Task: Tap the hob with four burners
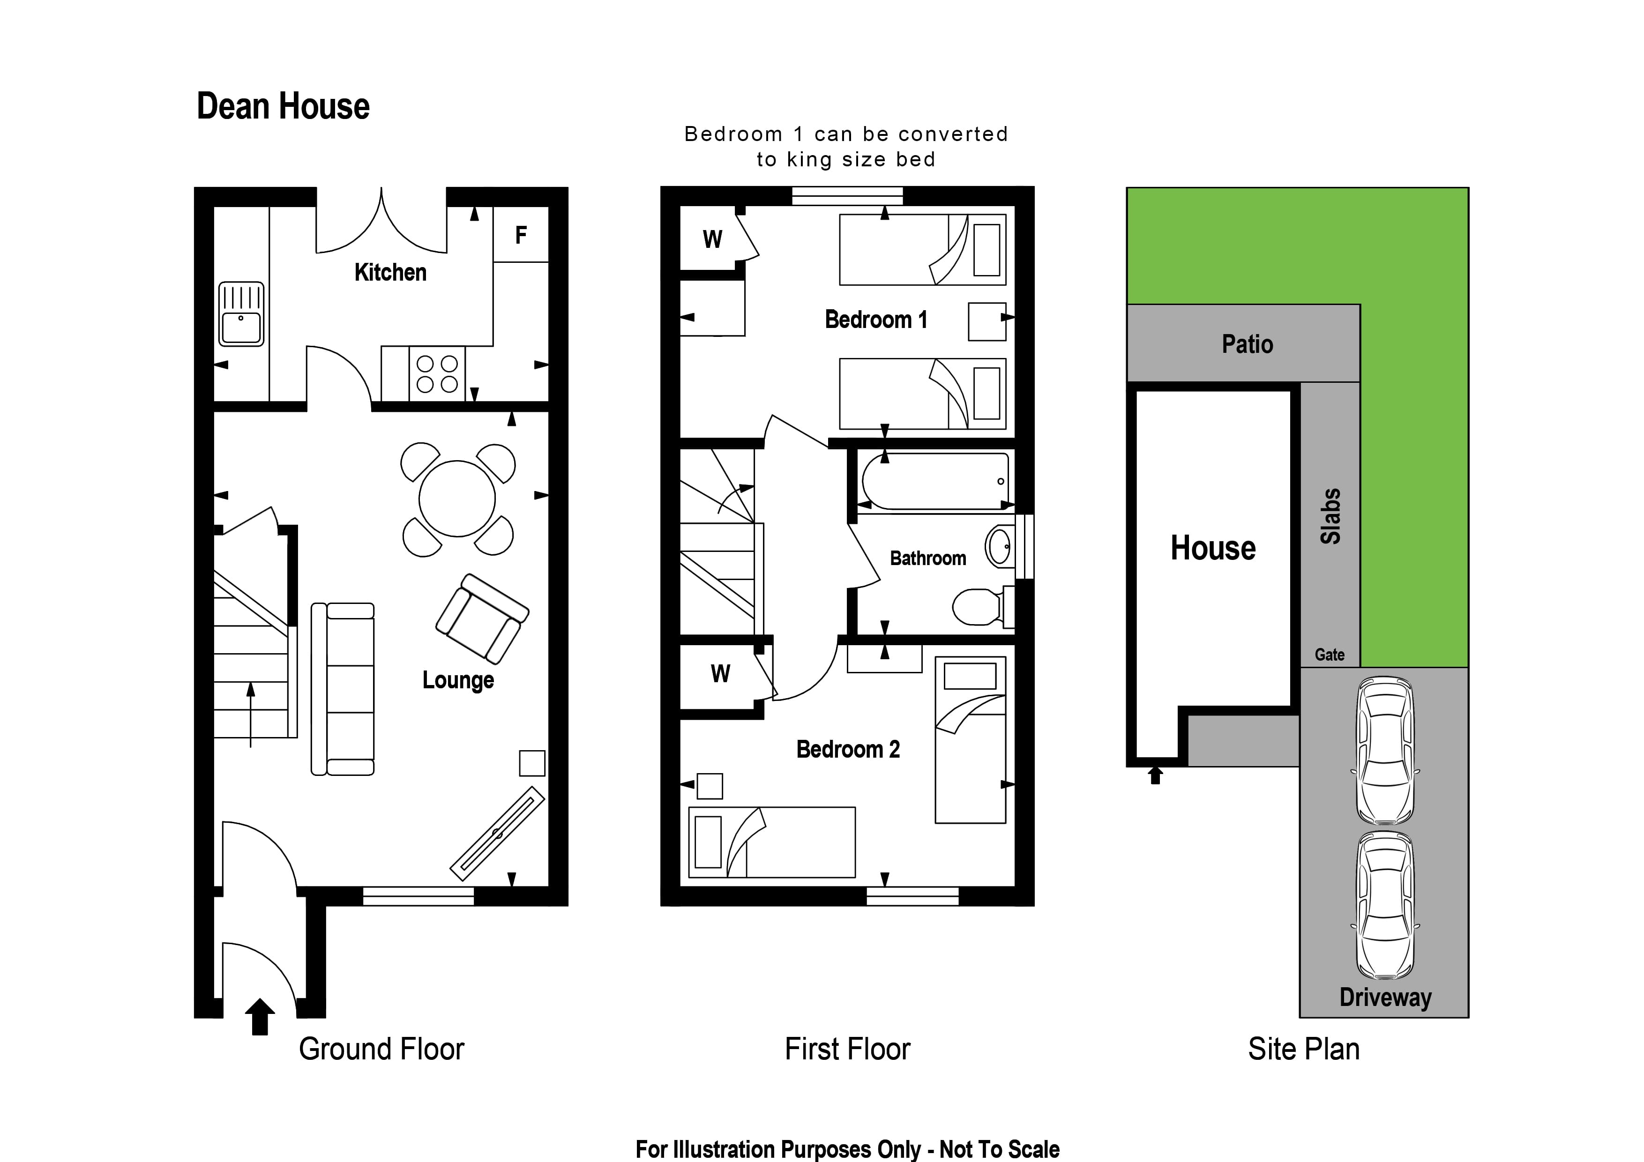[x=437, y=374]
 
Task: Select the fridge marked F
[x=521, y=234]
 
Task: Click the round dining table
[x=457, y=499]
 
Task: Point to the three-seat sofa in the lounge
[x=342, y=689]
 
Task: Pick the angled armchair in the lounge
[x=482, y=618]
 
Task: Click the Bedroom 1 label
[x=876, y=320]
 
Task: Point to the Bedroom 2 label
[x=848, y=750]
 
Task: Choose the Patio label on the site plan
[x=1248, y=344]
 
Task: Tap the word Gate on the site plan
[x=1330, y=655]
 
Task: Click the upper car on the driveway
[x=1385, y=750]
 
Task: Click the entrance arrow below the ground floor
[x=260, y=1017]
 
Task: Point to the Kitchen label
[x=390, y=272]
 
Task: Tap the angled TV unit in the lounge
[x=497, y=834]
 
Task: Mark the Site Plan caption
[x=1303, y=1049]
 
